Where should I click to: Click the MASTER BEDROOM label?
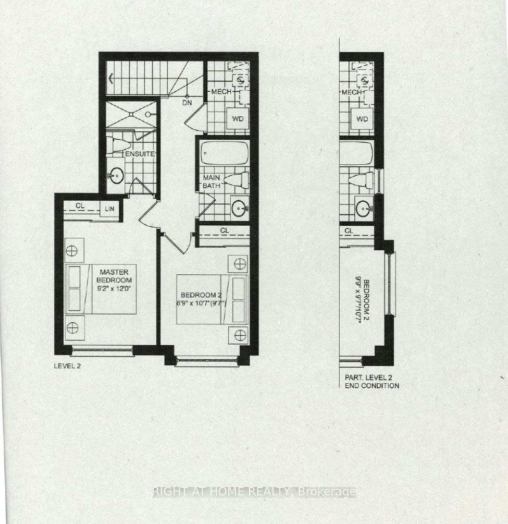114,276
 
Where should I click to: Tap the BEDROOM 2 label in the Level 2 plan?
201,295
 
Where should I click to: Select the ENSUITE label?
140,154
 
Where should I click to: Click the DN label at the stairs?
187,103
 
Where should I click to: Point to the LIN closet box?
109,209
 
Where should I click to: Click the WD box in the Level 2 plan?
238,119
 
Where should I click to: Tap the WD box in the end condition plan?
362,119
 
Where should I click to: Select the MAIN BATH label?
212,181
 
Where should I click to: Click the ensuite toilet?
119,145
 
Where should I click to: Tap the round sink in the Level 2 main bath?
240,208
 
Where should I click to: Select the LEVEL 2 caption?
67,366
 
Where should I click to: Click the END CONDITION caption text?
371,386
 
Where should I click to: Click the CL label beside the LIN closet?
80,206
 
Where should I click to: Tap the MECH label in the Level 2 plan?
221,92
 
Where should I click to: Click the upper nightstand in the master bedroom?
74,250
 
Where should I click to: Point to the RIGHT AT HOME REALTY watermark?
254,492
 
